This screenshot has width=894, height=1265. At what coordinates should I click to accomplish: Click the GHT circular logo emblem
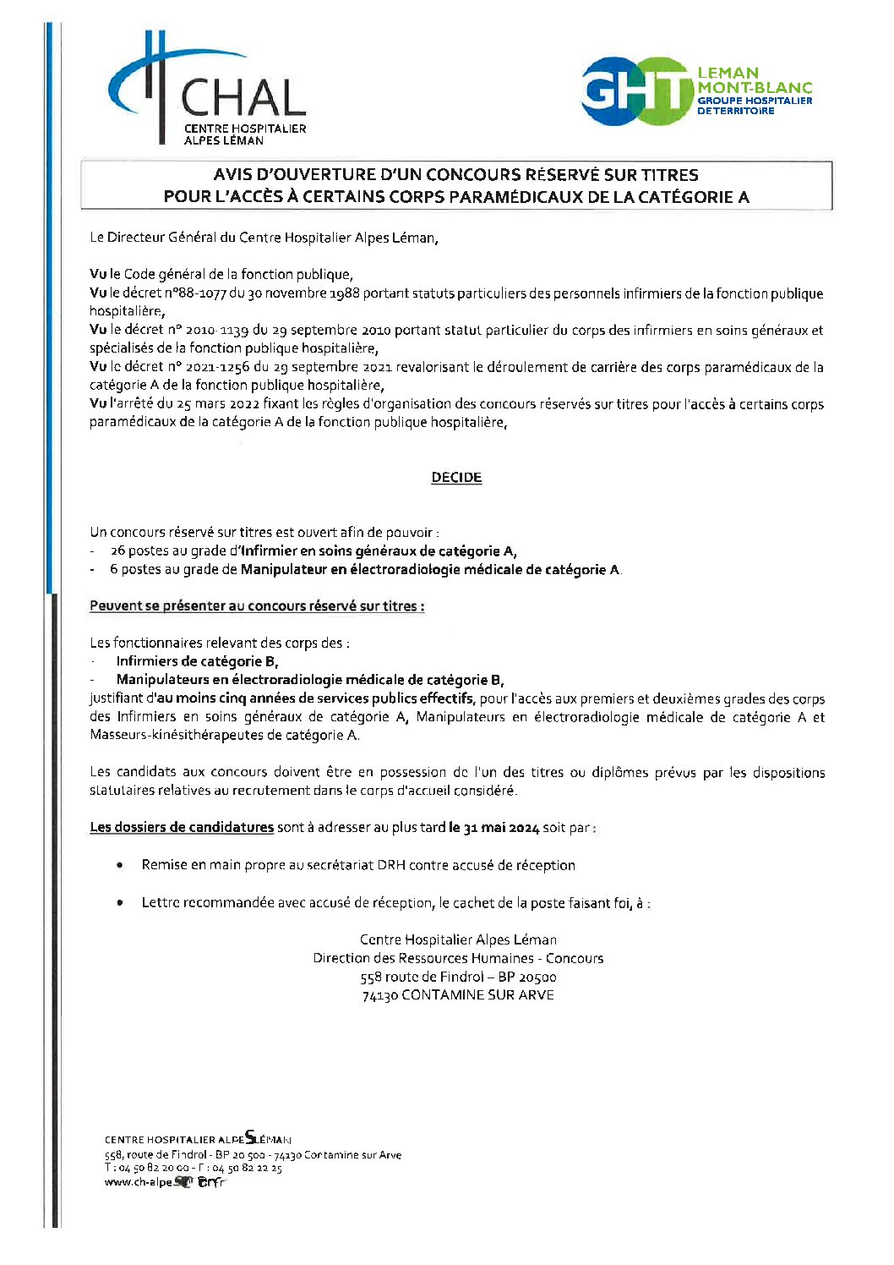click(x=635, y=91)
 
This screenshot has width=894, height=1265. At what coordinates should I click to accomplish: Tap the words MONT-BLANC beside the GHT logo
click(x=755, y=87)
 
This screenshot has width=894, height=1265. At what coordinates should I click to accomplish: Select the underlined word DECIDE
click(x=456, y=478)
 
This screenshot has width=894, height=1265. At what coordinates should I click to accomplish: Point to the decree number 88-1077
click(x=192, y=293)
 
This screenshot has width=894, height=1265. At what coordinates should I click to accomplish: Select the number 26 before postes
click(x=117, y=551)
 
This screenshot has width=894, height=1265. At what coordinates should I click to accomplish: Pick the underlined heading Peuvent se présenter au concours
click(x=257, y=606)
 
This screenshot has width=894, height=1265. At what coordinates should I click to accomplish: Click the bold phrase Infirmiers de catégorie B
click(x=197, y=661)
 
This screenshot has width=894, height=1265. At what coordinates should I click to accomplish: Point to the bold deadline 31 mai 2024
click(x=501, y=828)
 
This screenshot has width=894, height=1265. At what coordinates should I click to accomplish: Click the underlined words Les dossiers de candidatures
click(x=182, y=828)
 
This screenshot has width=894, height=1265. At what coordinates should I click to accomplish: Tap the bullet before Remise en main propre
click(x=121, y=865)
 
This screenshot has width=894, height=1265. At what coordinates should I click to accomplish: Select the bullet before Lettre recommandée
click(x=121, y=903)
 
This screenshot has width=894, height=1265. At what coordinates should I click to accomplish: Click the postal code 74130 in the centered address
click(x=379, y=995)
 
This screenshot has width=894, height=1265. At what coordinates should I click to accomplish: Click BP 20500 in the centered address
click(x=526, y=977)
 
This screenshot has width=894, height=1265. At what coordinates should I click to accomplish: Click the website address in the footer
click(x=165, y=1182)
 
